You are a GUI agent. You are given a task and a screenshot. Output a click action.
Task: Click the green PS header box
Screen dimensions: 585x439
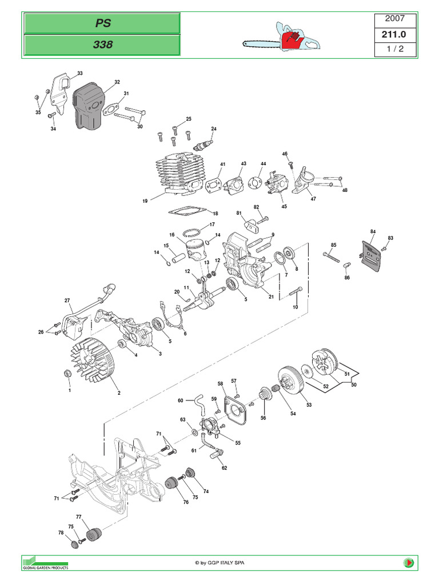tap(102, 23)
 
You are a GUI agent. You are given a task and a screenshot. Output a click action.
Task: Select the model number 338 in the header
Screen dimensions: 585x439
tap(102, 44)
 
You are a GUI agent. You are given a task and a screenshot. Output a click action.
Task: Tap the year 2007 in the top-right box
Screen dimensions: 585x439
tap(395, 19)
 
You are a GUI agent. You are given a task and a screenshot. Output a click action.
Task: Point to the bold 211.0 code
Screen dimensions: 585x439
tap(395, 34)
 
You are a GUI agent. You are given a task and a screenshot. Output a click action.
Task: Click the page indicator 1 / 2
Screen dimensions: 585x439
tap(395, 49)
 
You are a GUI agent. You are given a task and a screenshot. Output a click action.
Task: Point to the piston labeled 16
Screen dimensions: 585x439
tap(194, 249)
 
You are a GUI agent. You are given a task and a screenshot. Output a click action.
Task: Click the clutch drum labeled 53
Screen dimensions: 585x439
tap(291, 383)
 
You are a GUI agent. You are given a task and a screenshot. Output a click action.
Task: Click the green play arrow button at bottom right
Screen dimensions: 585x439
tap(409, 563)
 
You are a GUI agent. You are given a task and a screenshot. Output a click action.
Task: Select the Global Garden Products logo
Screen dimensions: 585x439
tap(45, 562)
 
